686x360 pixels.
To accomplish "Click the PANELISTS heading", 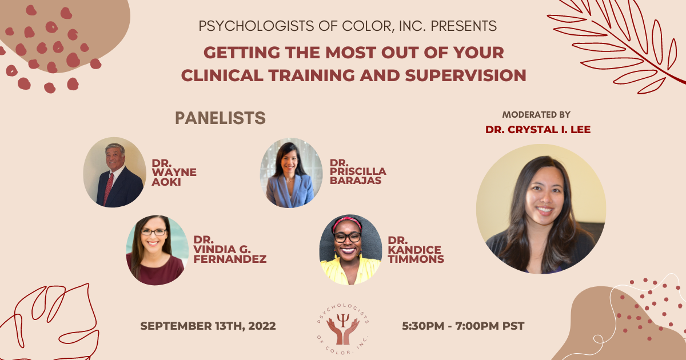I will pyautogui.click(x=220, y=118).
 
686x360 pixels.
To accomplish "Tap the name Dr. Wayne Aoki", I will pyautogui.click(x=174, y=172).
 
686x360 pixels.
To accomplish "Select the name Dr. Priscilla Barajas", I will pyautogui.click(x=358, y=172).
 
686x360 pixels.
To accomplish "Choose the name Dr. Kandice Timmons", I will pyautogui.click(x=416, y=250).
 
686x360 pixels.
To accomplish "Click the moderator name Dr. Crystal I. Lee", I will pyautogui.click(x=538, y=130).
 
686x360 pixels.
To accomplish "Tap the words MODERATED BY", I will pyautogui.click(x=536, y=115).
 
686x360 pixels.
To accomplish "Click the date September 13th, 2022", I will pyautogui.click(x=208, y=326).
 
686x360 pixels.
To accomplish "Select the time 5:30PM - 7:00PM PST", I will pyautogui.click(x=463, y=326).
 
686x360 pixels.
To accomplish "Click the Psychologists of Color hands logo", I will pyautogui.click(x=343, y=326).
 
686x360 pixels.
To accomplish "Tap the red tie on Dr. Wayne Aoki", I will pyautogui.click(x=109, y=188).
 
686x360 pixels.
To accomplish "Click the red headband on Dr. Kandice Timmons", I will pyautogui.click(x=347, y=221).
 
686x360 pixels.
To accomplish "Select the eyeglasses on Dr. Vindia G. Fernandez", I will pyautogui.click(x=153, y=232).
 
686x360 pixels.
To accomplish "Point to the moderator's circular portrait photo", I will pyautogui.click(x=540, y=209).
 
